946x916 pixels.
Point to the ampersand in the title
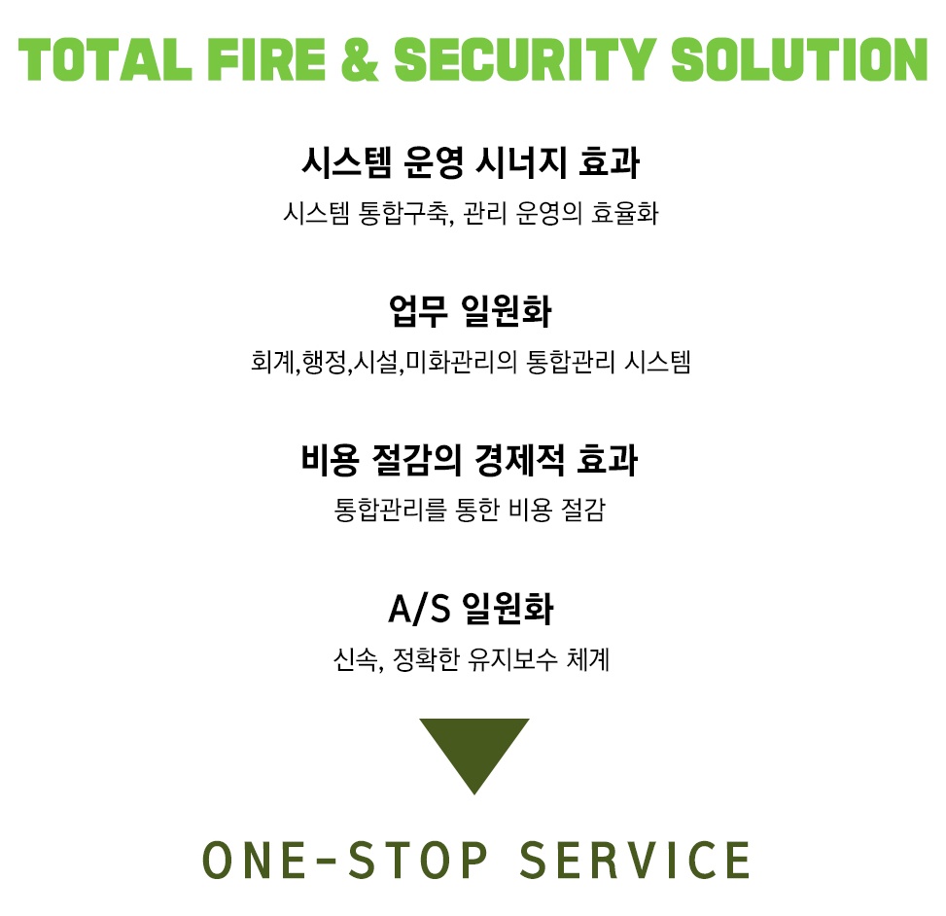pyautogui.click(x=365, y=59)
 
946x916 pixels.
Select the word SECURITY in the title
pyautogui.click(x=525, y=59)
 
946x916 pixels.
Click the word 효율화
pyautogui.click(x=624, y=213)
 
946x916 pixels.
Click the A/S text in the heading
pyautogui.click(x=419, y=610)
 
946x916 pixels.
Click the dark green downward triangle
pyautogui.click(x=473, y=750)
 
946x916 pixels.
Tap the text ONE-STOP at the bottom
pyautogui.click(x=345, y=860)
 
